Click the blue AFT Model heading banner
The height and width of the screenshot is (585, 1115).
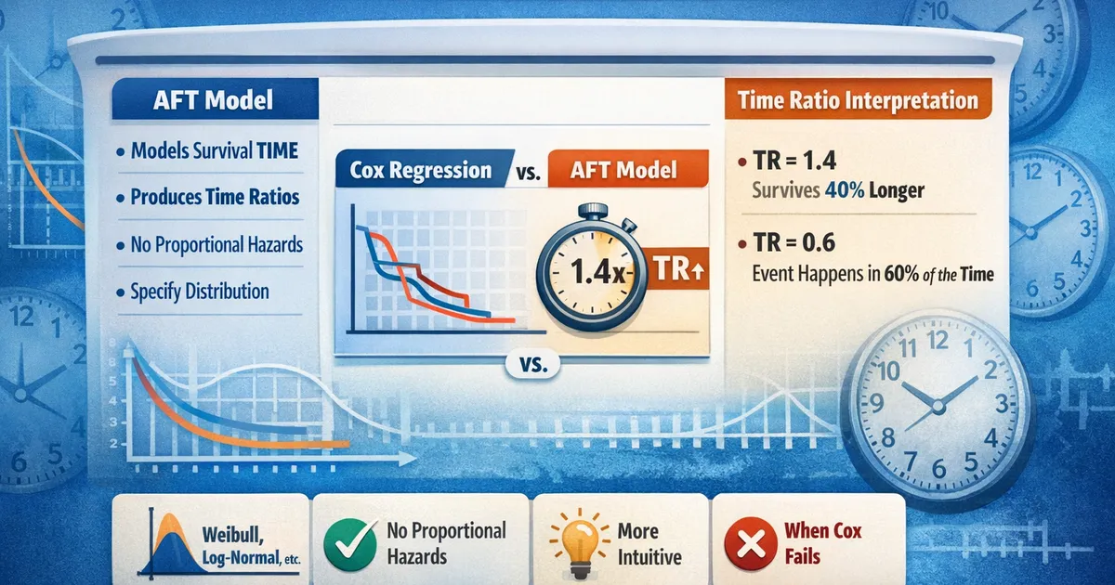[215, 99]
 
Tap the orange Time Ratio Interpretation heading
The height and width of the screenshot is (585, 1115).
[858, 99]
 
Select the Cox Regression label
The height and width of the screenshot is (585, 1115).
[421, 170]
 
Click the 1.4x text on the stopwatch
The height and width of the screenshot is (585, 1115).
[597, 272]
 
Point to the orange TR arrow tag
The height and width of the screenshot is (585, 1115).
[677, 268]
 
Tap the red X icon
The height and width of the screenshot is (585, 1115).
[751, 543]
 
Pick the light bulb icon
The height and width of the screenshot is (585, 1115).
[580, 542]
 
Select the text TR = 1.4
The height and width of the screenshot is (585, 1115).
[795, 161]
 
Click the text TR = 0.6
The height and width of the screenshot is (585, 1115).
[794, 242]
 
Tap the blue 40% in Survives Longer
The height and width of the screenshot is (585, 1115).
[845, 190]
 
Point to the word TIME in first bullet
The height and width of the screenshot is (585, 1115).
[277, 150]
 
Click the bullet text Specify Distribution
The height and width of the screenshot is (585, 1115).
[200, 292]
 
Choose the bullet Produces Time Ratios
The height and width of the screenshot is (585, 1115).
[215, 197]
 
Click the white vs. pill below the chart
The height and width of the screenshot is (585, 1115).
[533, 365]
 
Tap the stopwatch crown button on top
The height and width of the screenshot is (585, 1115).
[594, 212]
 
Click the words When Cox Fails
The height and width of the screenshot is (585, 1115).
[823, 543]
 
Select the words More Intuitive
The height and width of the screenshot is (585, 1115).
[649, 544]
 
